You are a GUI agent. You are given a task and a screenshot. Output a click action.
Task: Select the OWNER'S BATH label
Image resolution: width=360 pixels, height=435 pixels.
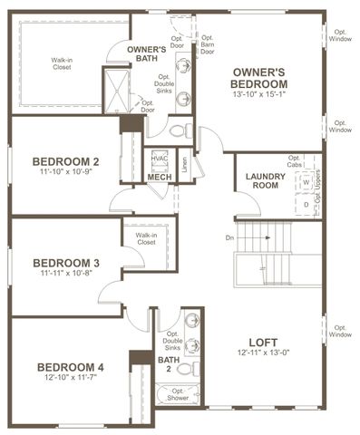[146, 54]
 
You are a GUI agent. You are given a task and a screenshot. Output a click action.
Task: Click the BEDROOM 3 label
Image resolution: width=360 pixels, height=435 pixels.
[65, 264]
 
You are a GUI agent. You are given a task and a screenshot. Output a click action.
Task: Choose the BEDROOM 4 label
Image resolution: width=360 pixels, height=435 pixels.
[71, 366]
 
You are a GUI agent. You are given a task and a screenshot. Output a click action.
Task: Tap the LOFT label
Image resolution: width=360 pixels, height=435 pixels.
[262, 343]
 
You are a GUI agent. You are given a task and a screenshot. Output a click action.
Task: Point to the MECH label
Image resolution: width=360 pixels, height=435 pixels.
[160, 177]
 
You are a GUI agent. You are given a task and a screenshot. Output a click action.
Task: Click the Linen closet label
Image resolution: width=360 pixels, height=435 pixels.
[184, 164]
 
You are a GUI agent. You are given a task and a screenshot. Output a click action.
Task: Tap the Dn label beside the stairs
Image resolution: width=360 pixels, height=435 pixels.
[230, 238]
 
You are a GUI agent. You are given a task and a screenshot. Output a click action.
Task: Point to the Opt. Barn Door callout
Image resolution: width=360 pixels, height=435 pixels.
[208, 44]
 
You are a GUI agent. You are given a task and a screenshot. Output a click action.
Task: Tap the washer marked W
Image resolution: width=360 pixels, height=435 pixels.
[306, 182]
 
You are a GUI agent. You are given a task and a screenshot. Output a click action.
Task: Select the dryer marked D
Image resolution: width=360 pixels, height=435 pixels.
[306, 204]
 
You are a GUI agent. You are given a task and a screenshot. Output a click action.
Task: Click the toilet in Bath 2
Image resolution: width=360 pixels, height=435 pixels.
[185, 369]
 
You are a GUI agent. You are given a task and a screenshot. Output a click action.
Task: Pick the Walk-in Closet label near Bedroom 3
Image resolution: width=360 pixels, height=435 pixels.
[146, 237]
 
